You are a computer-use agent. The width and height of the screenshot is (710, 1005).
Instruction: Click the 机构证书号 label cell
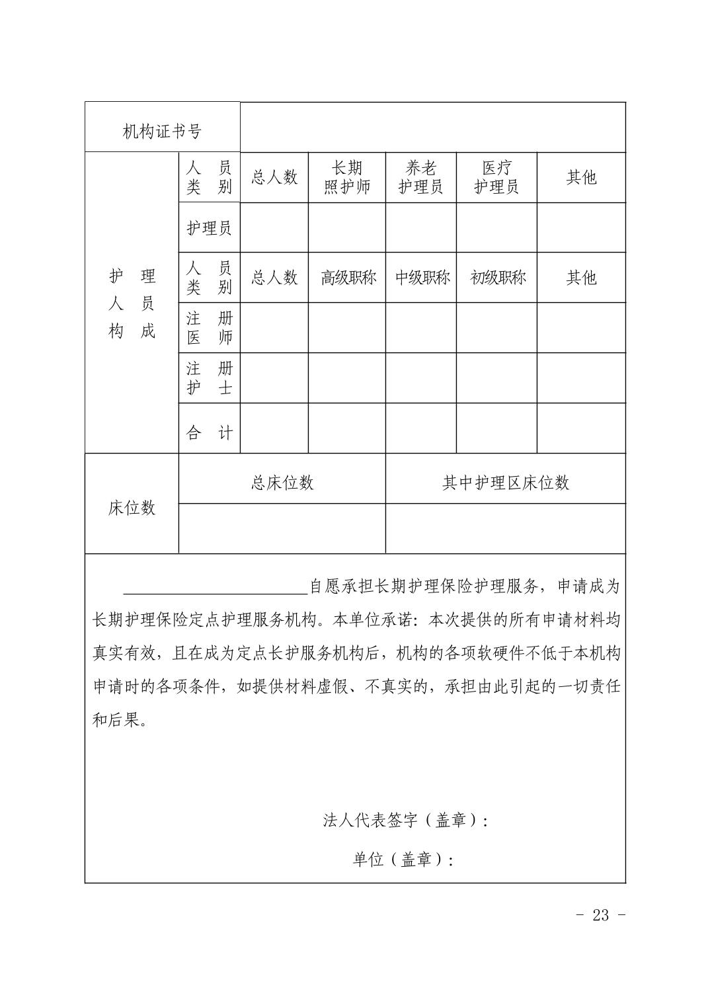click(x=162, y=131)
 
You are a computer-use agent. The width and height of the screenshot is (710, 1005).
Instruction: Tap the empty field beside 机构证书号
click(x=432, y=128)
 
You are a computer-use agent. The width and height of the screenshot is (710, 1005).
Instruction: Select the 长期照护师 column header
click(x=347, y=177)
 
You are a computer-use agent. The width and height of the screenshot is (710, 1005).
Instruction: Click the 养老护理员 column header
click(x=420, y=177)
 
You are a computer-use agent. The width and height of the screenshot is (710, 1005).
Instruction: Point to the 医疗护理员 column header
click(x=496, y=177)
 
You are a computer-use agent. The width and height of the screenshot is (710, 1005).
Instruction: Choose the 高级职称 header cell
click(x=348, y=278)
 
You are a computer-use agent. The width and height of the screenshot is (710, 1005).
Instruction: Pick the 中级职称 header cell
click(x=422, y=278)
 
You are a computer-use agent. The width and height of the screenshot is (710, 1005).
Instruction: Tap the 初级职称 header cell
click(x=497, y=278)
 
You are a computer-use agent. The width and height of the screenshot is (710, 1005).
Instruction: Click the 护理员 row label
click(x=209, y=228)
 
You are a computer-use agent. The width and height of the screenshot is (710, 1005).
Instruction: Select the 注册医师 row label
click(x=209, y=328)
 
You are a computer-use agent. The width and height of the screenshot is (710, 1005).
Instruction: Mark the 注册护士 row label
click(x=209, y=378)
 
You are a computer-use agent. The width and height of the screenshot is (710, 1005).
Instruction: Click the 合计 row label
click(x=209, y=433)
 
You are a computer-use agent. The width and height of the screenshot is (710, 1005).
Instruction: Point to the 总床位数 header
click(x=282, y=483)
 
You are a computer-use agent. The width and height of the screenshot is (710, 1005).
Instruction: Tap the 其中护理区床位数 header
click(x=506, y=483)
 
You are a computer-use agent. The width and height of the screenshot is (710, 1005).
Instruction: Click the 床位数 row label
click(x=132, y=507)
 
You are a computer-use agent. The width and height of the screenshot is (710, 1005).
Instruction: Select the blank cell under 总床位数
click(x=282, y=528)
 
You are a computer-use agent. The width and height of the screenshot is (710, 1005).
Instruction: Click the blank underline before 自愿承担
click(x=216, y=587)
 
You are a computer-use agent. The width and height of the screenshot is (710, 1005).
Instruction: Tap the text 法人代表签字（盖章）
click(x=405, y=821)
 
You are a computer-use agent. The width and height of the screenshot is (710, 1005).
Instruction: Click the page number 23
click(x=601, y=915)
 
